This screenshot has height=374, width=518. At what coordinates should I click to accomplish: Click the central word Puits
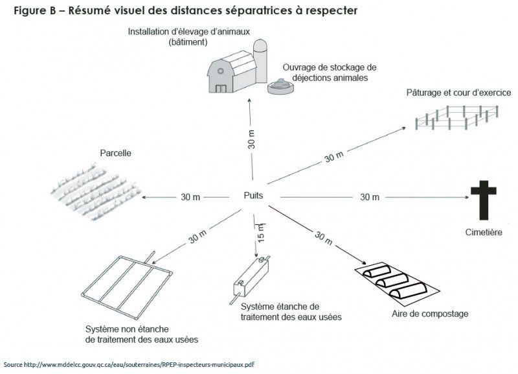pyautogui.click(x=253, y=195)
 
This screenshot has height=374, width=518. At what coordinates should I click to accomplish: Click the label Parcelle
pyautogui.click(x=115, y=154)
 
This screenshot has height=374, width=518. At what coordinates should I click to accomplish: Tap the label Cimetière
pyautogui.click(x=483, y=231)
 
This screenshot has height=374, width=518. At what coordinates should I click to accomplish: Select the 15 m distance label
pyautogui.click(x=262, y=231)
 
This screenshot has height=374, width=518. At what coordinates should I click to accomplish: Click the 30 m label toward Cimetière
pyautogui.click(x=369, y=196)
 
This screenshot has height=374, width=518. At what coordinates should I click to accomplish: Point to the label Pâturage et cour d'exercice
pyautogui.click(x=458, y=93)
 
